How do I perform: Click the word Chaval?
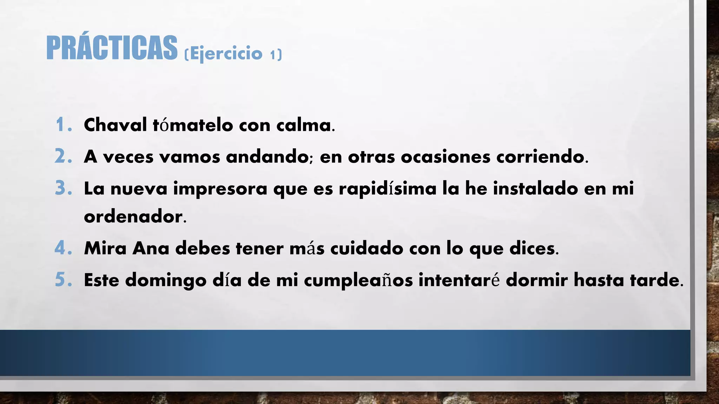116,125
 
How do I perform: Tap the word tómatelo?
193,125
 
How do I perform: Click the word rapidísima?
388,189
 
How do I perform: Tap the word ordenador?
133,216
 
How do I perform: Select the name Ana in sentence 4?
151,248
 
